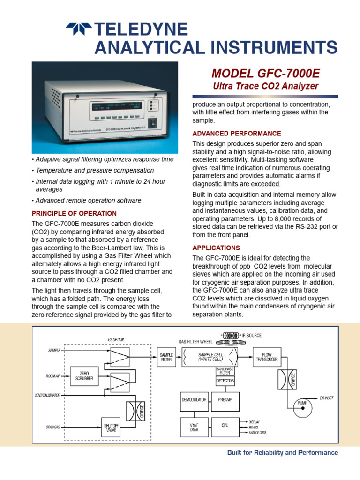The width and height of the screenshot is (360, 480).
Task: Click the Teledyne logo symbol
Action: tap(79, 29)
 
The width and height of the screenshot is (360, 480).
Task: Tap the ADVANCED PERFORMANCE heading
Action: tap(237, 134)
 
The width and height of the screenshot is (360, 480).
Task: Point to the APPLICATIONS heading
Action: tap(216, 247)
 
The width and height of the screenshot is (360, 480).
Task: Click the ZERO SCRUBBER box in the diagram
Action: tap(84, 376)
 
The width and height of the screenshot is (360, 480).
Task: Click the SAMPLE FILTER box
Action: tap(166, 358)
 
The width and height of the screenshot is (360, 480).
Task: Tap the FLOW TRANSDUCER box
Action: tap(266, 358)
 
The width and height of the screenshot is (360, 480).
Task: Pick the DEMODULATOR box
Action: tap(194, 399)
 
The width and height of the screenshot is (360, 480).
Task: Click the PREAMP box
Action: tap(225, 399)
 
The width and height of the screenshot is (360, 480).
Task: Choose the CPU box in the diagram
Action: tap(225, 425)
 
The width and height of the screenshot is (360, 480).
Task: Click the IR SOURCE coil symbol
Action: tap(230, 335)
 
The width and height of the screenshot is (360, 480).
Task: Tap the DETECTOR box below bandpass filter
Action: tap(225, 382)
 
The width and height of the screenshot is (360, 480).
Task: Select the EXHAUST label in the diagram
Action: tap(326, 398)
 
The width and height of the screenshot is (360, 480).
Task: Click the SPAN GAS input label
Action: tap(53, 427)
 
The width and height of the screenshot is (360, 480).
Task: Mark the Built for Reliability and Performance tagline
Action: tap(282, 453)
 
